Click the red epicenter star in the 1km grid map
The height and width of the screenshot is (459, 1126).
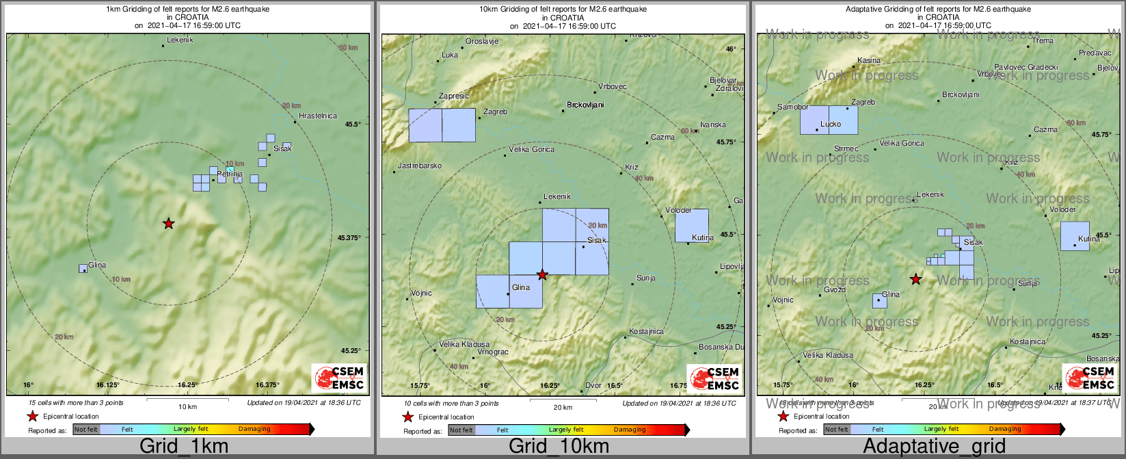[x=168, y=223]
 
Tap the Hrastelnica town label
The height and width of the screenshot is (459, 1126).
[x=317, y=116]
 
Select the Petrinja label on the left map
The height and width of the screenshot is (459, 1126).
[x=230, y=175]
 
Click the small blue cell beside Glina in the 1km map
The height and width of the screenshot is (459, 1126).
[x=83, y=268]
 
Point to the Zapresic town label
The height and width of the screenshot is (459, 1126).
[x=454, y=96]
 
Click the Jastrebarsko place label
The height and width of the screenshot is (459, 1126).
[x=420, y=166]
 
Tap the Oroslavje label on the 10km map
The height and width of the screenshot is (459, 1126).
[x=482, y=41]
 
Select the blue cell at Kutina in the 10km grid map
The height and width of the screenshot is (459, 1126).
[x=692, y=225]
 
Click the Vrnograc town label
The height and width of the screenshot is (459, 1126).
[x=492, y=352]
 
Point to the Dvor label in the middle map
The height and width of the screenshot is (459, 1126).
[x=593, y=386]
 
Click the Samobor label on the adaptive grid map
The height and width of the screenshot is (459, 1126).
[x=793, y=107]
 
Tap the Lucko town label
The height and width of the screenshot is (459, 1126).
[x=831, y=124]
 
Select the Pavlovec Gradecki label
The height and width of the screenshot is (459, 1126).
[x=1026, y=67]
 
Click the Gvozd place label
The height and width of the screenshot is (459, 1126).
[x=835, y=289]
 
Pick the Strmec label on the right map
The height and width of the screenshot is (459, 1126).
[x=846, y=148]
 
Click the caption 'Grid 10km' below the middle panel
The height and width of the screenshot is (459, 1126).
[x=559, y=447]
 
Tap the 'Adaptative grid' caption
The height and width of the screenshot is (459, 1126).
[x=934, y=447]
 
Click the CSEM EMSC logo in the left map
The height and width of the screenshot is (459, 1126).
[x=339, y=378]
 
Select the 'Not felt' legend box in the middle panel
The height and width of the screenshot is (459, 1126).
[x=461, y=430]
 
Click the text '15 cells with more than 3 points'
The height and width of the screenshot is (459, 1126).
[x=77, y=403]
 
